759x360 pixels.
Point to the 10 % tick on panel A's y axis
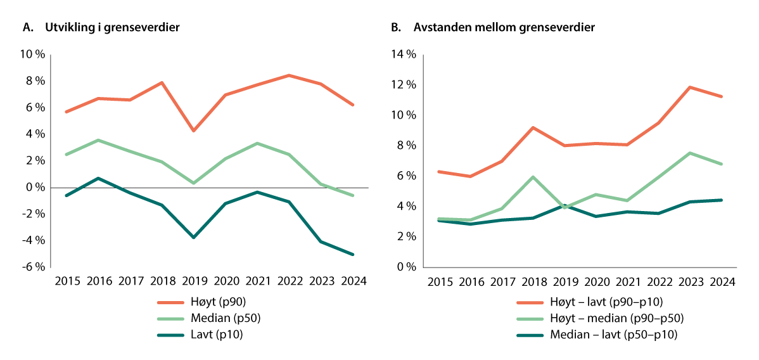pos(33,55)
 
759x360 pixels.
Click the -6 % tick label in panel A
pos(33,267)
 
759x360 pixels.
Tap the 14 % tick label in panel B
pos(403,55)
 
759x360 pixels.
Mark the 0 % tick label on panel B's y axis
pos(405,267)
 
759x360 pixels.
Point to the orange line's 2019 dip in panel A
pos(193,131)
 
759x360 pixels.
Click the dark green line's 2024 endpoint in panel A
pos(353,255)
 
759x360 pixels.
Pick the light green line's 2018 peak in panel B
pos(533,177)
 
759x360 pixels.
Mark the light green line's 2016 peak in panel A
pos(98,140)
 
